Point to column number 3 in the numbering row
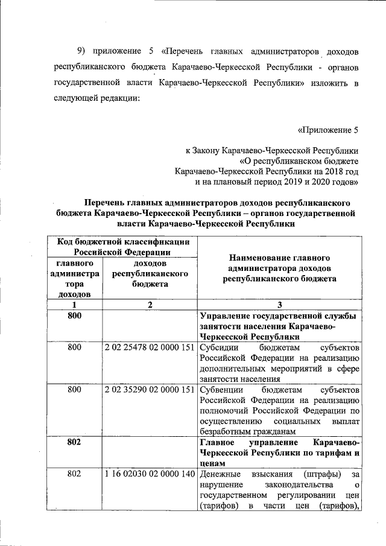point(280,305)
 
